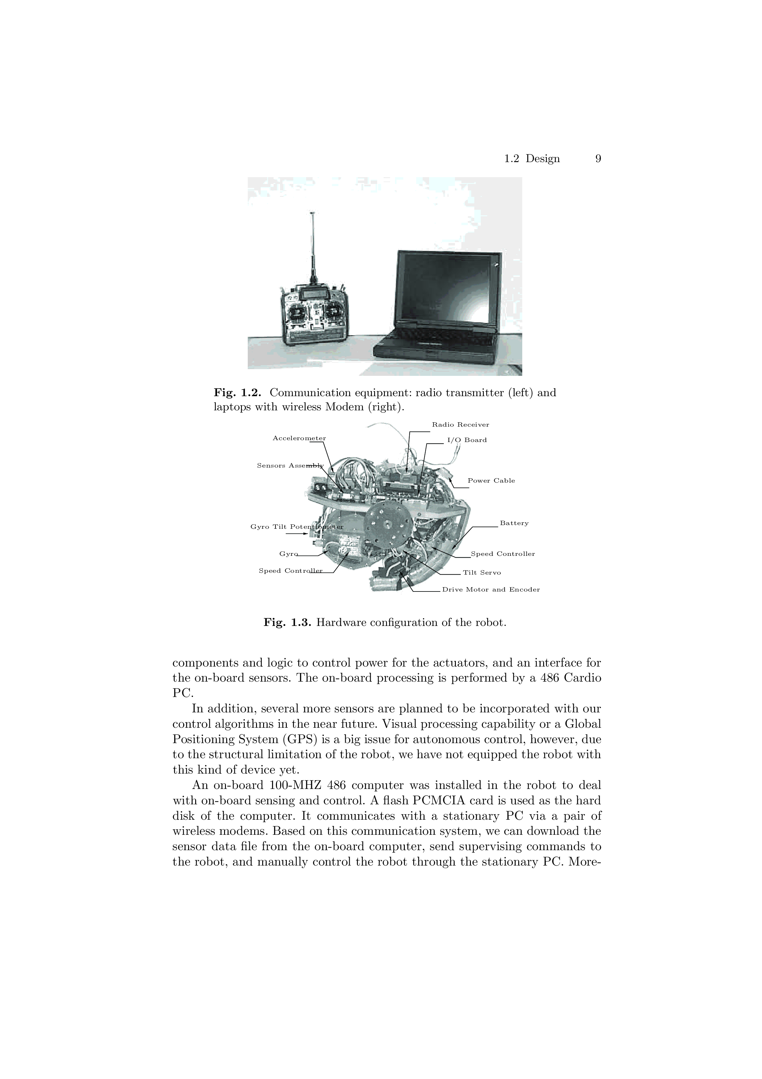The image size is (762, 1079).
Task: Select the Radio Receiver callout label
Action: click(x=460, y=425)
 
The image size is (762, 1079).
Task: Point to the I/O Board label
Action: click(x=467, y=440)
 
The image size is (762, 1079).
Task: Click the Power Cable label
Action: click(x=491, y=481)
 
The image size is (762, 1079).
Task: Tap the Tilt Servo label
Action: click(x=482, y=573)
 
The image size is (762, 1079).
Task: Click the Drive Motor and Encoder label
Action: click(x=491, y=590)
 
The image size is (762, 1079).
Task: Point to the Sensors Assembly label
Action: click(x=290, y=466)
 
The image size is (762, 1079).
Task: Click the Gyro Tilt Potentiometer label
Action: click(x=297, y=527)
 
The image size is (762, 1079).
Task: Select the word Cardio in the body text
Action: click(x=580, y=678)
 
